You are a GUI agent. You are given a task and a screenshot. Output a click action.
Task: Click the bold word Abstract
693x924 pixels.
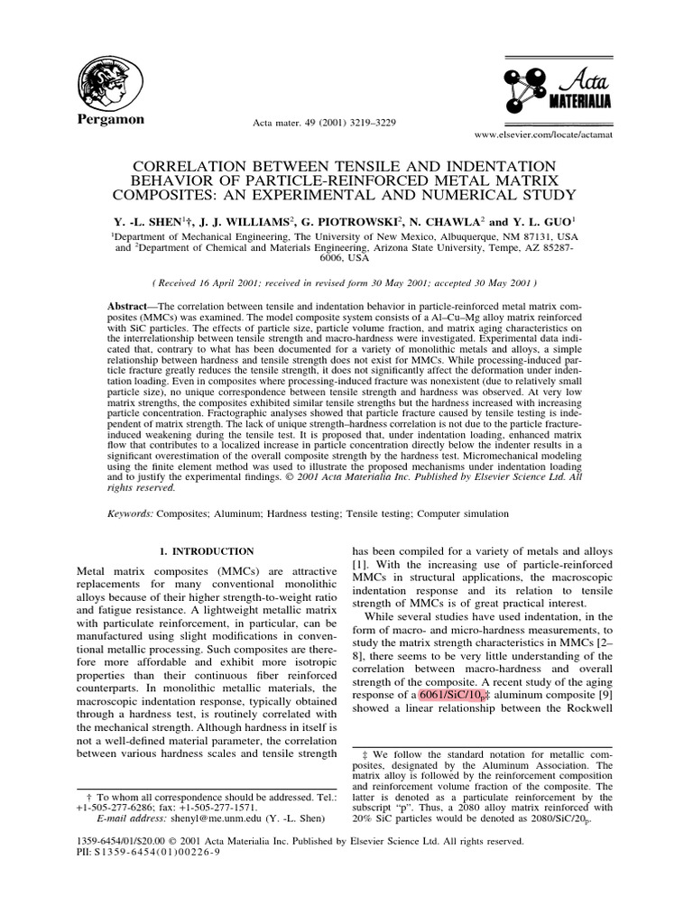[x=125, y=307]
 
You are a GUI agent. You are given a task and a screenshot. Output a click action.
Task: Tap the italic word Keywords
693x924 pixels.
[x=130, y=513]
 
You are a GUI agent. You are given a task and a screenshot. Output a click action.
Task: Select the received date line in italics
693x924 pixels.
[x=346, y=282]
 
